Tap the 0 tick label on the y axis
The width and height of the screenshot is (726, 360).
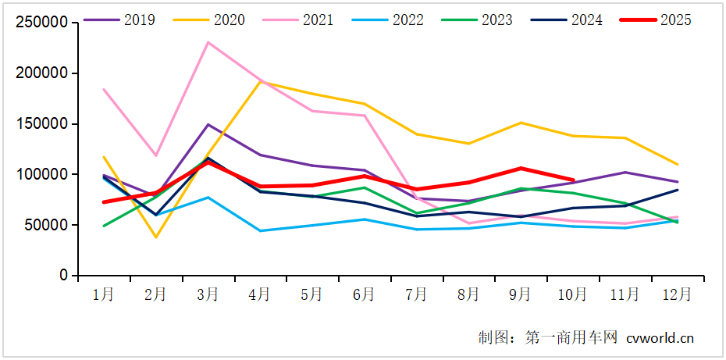64,276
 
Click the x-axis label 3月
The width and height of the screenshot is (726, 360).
208,294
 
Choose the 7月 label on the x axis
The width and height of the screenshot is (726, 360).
416,294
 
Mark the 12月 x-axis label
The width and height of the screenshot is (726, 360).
676,294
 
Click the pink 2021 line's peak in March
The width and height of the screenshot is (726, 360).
208,42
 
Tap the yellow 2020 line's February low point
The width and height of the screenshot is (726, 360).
156,237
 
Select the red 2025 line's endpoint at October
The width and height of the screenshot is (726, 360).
573,180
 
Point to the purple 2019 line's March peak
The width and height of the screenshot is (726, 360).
208,124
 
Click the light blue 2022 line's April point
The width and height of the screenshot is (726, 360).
260,231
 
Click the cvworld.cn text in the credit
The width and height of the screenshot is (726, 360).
660,338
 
